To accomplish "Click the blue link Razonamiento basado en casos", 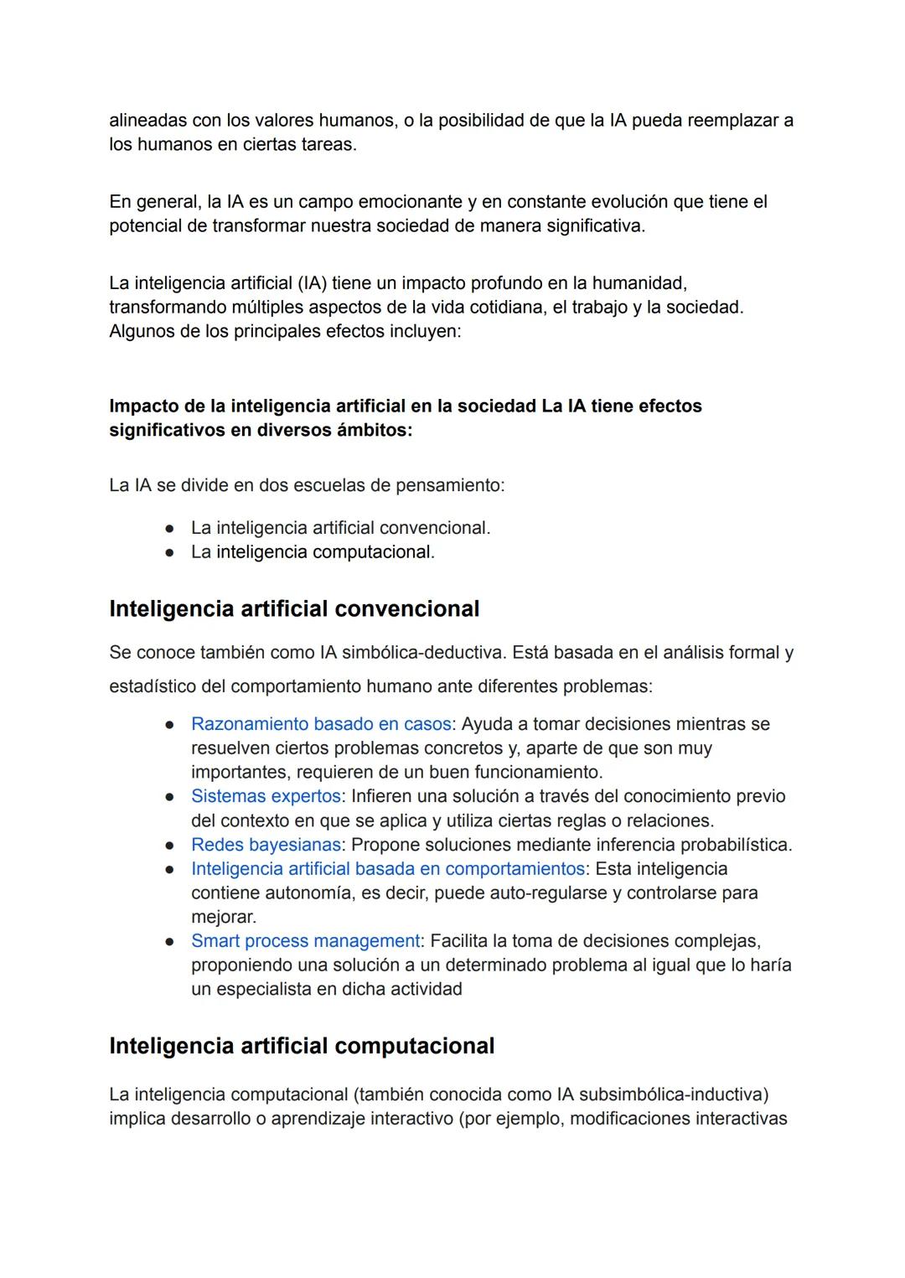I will pyautogui.click(x=321, y=723).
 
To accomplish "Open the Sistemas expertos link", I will pyautogui.click(x=266, y=795).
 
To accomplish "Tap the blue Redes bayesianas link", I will pyautogui.click(x=266, y=844).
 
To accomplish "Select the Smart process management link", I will pyautogui.click(x=305, y=940).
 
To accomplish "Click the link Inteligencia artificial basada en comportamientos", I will pyautogui.click(x=387, y=868).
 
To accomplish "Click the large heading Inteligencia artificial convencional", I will pyautogui.click(x=294, y=608).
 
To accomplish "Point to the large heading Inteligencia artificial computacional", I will pyautogui.click(x=302, y=1046).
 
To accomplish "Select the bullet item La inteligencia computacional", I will pyautogui.click(x=313, y=551).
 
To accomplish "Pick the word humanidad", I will pyautogui.click(x=641, y=283).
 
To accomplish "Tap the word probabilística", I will pyautogui.click(x=735, y=844).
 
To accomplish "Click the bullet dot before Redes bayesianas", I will pyautogui.click(x=169, y=845).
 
